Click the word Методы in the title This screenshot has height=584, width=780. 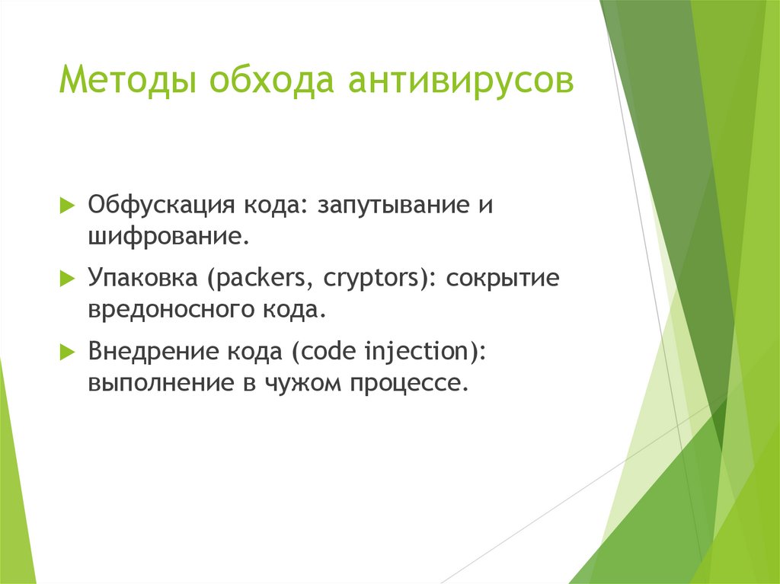128,80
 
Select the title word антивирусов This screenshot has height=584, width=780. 461,80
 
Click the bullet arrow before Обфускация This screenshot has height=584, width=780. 67,205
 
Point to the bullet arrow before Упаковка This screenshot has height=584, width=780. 67,278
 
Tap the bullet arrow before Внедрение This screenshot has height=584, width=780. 67,352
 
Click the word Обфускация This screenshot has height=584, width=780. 161,205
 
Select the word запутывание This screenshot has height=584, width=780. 393,206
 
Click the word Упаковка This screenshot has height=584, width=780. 142,278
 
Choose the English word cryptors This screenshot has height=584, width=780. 372,279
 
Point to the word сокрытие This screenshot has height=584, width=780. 503,279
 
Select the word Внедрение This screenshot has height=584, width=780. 153,351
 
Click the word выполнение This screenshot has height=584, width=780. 161,383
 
